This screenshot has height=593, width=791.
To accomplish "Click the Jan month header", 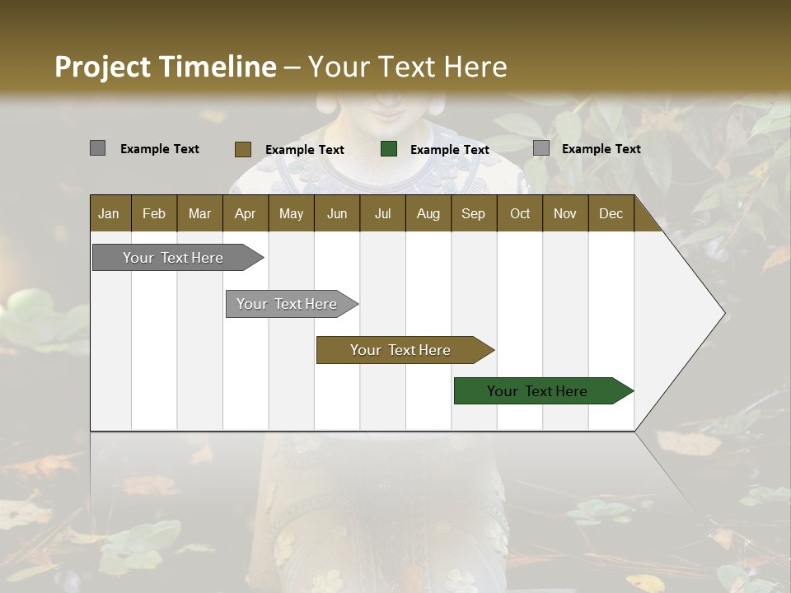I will coord(109,214).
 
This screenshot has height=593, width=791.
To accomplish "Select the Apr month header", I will coord(245,214).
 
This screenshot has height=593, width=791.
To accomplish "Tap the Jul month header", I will coord(382,214).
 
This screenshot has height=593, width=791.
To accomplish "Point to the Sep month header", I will coord(473,214).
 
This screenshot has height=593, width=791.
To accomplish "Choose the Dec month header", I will coord(611,214).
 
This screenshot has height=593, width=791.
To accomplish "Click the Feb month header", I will coord(154,214).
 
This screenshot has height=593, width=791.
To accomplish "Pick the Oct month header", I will coord(520,214).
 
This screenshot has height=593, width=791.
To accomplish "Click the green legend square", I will coord(389,149).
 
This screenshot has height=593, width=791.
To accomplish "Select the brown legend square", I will coord(242,149).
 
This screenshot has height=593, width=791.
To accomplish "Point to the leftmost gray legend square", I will coord(97,148).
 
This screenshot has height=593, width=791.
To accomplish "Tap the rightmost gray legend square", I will coord(541,148).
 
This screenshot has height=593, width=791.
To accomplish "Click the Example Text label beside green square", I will coord(450,150).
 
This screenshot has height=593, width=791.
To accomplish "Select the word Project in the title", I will coord(102,68).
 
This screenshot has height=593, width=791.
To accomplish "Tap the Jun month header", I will coord(337,214).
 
